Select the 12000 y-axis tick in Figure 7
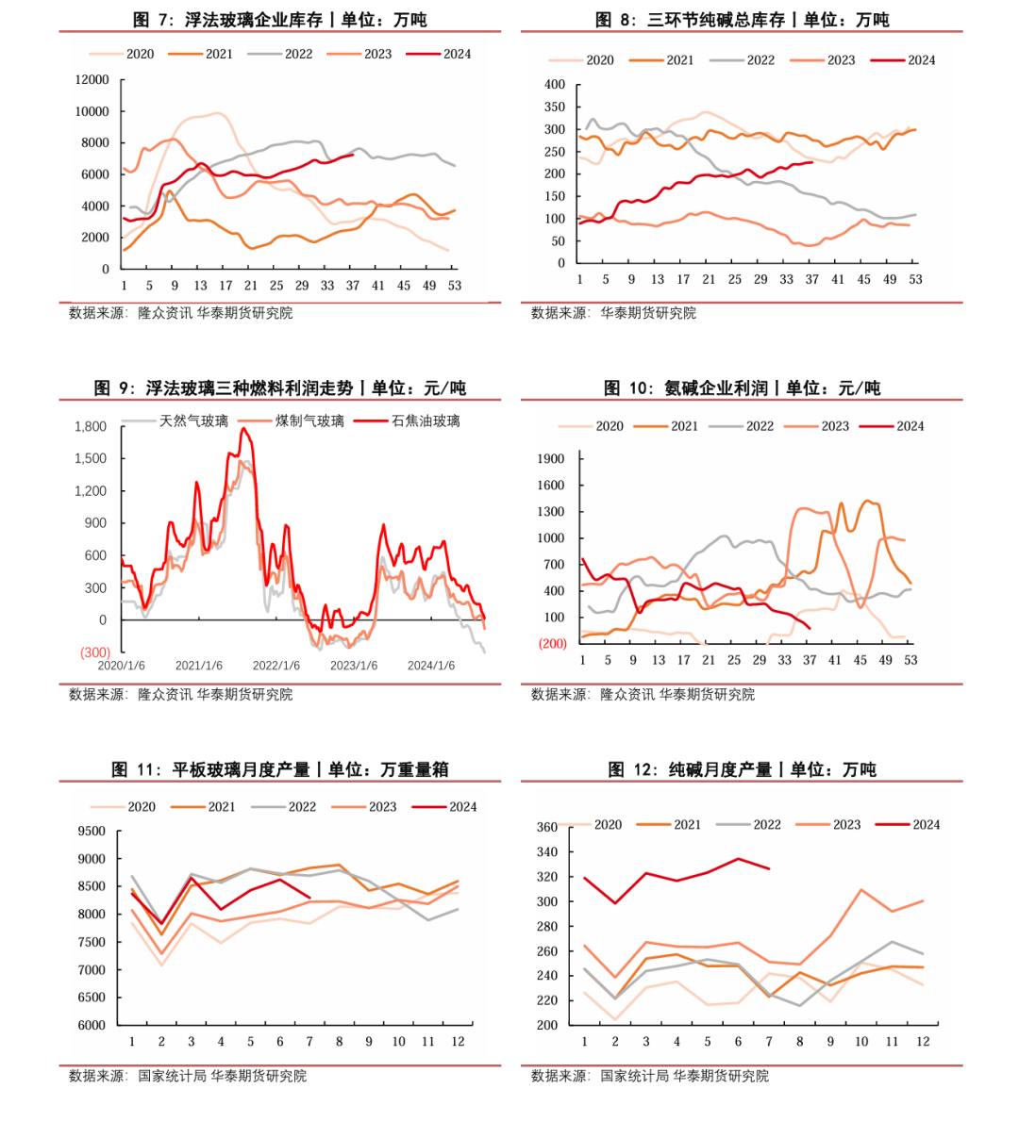click(x=92, y=80)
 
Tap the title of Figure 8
click(x=742, y=20)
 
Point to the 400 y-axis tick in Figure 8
click(x=555, y=85)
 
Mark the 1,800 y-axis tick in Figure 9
click(x=91, y=427)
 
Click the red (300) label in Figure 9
click(x=94, y=652)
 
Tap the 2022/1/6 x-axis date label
click(x=276, y=666)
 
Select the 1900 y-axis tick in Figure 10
click(x=550, y=459)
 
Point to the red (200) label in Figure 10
click(x=552, y=644)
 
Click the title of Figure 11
click(x=280, y=770)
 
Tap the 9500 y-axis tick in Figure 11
click(x=92, y=832)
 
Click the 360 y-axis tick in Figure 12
click(x=547, y=828)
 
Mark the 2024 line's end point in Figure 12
click(x=769, y=868)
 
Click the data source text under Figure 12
click(x=649, y=1076)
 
